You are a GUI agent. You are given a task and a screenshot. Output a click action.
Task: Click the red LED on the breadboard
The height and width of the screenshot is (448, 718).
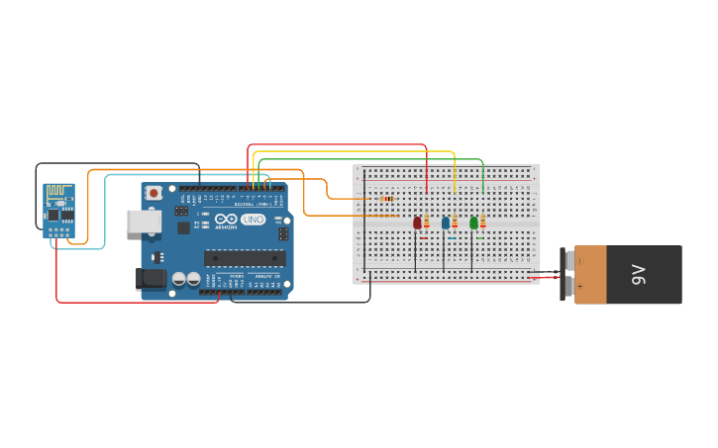tap(417, 223)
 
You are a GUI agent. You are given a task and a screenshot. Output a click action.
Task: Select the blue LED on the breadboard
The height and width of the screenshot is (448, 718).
tap(446, 223)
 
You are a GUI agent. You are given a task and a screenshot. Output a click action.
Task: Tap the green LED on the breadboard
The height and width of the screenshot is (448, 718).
tap(473, 223)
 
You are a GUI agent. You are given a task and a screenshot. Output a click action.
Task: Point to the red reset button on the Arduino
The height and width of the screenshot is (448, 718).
tap(154, 193)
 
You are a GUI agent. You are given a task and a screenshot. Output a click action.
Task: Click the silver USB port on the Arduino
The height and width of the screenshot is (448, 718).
tap(143, 221)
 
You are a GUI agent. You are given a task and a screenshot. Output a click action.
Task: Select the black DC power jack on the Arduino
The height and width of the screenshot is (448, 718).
tap(151, 279)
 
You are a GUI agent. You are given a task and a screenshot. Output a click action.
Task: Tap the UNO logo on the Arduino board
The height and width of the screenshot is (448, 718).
tap(254, 220)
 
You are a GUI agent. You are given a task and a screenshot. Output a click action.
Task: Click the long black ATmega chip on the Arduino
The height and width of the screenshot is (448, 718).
tap(245, 258)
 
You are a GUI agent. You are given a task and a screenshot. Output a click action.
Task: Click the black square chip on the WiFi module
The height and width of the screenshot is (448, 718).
tap(53, 214)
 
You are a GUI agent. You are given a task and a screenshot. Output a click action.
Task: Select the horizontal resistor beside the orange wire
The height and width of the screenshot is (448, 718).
tap(387, 199)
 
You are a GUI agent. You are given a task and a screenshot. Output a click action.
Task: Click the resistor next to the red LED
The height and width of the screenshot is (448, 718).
tap(427, 223)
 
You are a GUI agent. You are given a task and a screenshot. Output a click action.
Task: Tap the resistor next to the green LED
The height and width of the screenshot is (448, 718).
tap(483, 223)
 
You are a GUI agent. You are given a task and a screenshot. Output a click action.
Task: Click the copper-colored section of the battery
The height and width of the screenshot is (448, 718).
tap(590, 275)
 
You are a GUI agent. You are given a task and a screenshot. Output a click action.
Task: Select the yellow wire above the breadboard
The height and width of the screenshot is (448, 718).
tap(357, 152)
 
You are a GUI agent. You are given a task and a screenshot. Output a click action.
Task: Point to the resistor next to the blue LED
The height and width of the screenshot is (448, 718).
tap(455, 223)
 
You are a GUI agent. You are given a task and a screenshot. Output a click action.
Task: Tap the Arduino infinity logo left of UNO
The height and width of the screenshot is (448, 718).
tap(227, 220)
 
